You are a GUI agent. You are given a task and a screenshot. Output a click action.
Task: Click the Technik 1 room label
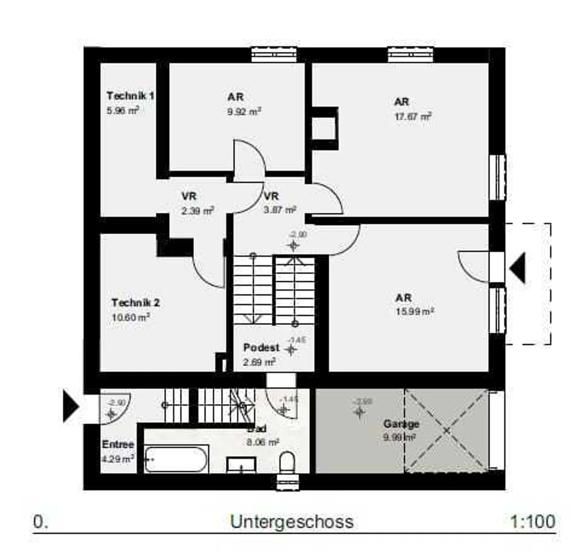(x=130, y=96)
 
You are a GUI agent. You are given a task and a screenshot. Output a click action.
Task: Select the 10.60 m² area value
(x=130, y=317)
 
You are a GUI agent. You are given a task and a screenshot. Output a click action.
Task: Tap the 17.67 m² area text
(x=412, y=117)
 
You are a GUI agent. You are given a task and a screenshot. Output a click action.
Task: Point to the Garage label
(x=401, y=424)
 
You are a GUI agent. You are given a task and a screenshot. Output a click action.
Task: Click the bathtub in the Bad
(x=176, y=460)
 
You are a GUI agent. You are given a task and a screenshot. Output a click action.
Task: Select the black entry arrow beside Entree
(x=71, y=406)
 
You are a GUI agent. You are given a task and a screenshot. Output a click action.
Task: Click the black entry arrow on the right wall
(x=518, y=268)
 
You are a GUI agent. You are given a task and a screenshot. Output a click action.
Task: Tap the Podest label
(x=261, y=348)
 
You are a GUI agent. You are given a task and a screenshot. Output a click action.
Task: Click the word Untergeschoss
(x=292, y=522)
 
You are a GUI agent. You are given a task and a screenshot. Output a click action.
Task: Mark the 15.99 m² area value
(x=414, y=312)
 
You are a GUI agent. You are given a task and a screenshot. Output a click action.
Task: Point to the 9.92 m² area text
(x=244, y=111)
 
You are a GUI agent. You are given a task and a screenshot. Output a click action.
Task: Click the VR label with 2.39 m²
(x=189, y=196)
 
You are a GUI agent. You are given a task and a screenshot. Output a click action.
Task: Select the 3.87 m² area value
(x=279, y=210)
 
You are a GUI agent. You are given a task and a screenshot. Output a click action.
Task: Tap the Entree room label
(x=118, y=445)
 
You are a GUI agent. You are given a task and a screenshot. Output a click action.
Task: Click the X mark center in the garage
(x=446, y=430)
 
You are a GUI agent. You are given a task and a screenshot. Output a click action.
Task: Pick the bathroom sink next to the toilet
(x=241, y=465)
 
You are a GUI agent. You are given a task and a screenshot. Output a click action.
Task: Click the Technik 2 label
(x=135, y=303)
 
